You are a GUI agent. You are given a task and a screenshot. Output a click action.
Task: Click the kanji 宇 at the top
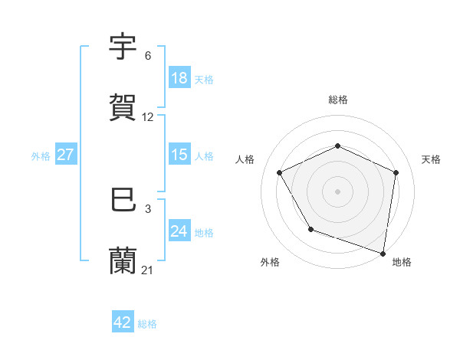coord(123,47)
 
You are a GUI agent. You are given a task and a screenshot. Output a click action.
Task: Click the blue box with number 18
coord(179,78)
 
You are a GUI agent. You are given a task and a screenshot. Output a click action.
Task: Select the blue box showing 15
coord(179,155)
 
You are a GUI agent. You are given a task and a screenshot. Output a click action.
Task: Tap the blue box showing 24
coord(179,231)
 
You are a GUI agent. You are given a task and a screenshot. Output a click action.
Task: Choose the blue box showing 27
coord(65,155)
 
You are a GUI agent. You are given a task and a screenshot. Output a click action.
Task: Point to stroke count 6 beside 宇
coord(148,56)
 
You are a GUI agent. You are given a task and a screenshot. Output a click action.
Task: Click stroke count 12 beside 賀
coord(148,117)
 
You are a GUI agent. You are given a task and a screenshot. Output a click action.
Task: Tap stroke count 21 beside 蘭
coord(148,270)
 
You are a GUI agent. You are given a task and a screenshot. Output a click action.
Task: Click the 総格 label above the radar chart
coord(338,100)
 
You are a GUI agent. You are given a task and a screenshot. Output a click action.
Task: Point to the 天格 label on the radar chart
coord(432,159)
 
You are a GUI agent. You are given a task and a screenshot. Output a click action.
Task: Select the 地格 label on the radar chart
coord(402,262)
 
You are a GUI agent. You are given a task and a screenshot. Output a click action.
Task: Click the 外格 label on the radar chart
coord(270,262)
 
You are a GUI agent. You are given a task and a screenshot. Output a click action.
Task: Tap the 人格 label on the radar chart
coord(245,159)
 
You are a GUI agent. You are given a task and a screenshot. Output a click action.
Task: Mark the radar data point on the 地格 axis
coord(383,253)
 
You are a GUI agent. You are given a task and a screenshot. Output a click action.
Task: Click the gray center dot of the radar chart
coord(338,191)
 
